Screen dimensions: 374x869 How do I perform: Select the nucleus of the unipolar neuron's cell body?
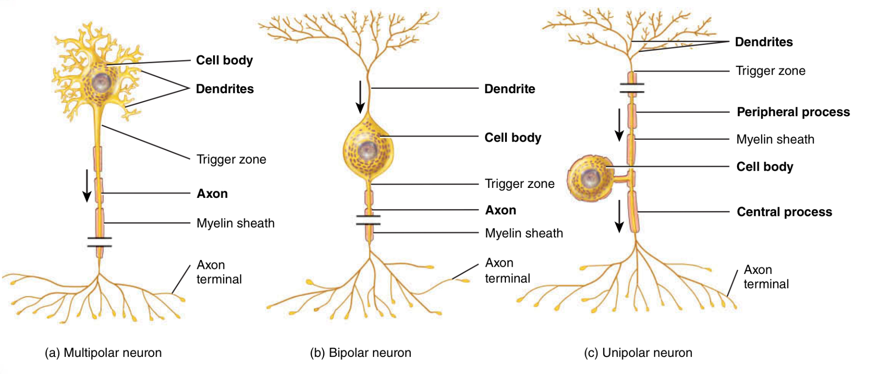(589, 178)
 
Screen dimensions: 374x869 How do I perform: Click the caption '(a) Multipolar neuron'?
(103, 353)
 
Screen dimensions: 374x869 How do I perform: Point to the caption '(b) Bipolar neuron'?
(360, 353)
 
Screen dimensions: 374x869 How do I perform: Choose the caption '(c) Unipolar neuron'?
(638, 353)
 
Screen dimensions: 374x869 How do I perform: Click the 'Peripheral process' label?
(793, 112)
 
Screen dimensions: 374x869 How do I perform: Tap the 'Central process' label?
(784, 212)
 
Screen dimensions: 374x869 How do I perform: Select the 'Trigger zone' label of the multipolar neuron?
(231, 160)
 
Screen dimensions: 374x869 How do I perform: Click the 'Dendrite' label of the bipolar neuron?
(510, 89)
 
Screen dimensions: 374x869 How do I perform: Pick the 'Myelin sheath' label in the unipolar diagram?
(775, 140)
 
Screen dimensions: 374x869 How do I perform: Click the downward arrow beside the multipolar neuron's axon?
(87, 186)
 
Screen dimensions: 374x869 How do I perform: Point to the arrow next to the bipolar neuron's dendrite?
(360, 97)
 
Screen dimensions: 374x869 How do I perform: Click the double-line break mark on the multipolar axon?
(100, 242)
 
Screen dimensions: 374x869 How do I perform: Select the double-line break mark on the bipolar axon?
(368, 220)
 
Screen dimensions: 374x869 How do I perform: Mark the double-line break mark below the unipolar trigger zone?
(632, 88)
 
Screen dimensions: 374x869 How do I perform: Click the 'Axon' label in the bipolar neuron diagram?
(500, 210)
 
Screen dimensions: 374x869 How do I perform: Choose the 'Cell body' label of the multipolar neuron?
(224, 60)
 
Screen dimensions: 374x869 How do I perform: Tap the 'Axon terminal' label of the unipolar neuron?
(766, 277)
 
